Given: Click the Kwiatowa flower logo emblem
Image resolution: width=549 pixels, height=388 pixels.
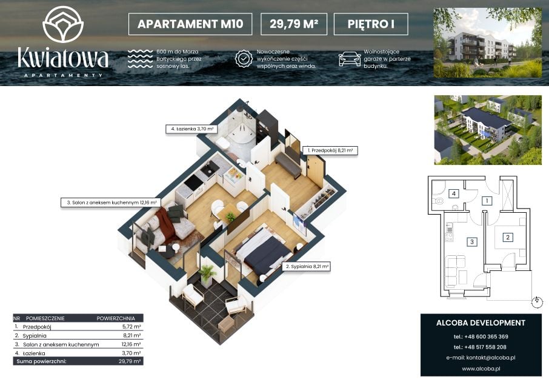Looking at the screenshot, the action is [x=63, y=24].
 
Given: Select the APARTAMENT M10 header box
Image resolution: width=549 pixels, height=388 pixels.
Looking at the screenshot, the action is [x=190, y=24].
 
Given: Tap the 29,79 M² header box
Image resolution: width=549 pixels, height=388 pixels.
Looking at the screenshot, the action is [x=294, y=24].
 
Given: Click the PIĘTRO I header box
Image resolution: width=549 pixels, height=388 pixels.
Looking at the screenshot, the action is [x=371, y=24].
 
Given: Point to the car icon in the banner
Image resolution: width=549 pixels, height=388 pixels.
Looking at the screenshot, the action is [x=350, y=58].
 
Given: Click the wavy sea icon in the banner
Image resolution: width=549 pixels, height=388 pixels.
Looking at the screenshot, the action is [x=140, y=58].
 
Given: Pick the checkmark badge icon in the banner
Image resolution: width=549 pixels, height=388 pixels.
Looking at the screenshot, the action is [x=244, y=58].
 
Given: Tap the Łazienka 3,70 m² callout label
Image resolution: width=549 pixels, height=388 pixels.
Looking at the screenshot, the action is [x=191, y=129].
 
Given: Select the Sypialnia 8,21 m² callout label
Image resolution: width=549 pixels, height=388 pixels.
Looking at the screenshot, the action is [x=307, y=267].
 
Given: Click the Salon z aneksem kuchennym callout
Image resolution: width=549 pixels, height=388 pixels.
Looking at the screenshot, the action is [x=111, y=202].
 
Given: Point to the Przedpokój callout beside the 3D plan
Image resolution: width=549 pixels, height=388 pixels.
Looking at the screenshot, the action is [x=330, y=150].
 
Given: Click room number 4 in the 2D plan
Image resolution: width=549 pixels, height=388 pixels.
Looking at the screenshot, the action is [x=454, y=193].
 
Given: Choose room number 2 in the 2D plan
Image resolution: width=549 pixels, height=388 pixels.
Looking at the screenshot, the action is [x=508, y=238].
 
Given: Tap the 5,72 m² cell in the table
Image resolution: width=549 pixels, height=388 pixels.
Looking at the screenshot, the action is [x=131, y=327].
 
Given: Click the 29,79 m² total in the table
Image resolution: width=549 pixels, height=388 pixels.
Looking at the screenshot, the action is [x=130, y=361].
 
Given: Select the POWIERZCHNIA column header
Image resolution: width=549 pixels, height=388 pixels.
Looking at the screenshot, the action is [x=116, y=318].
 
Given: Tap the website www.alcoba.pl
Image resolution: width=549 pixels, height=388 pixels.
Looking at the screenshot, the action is [x=481, y=369].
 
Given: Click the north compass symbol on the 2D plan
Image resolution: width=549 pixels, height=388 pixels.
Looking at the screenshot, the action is [x=537, y=301].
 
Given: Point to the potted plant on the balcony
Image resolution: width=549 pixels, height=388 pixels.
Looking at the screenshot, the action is [x=207, y=275].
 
